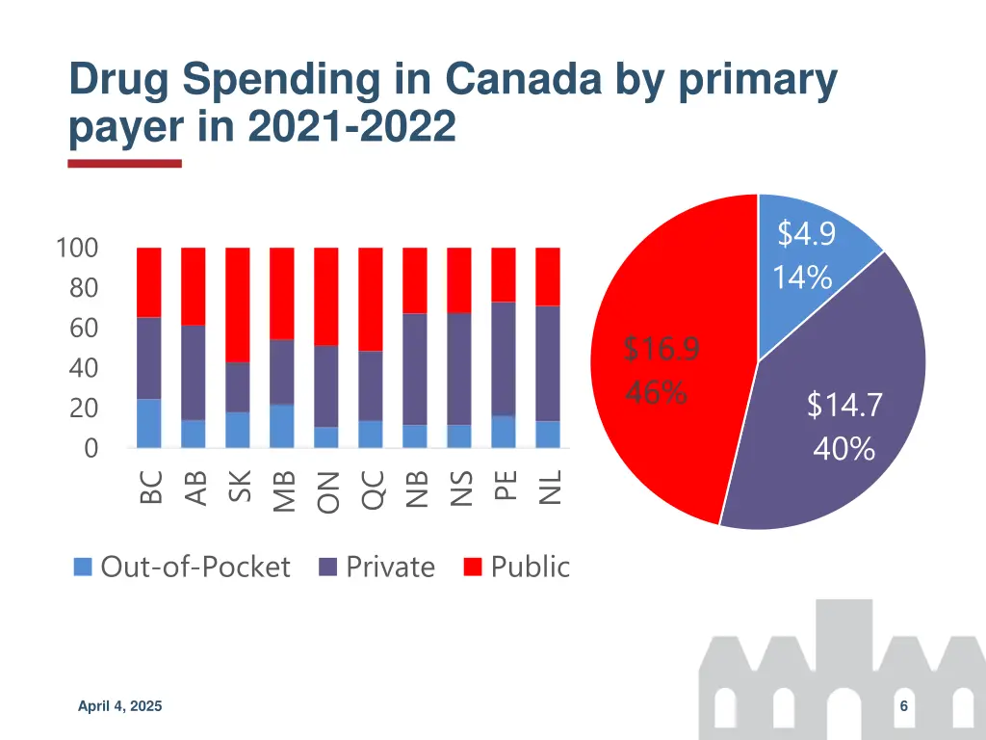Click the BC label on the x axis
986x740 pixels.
click(150, 487)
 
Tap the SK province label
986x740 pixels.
click(239, 487)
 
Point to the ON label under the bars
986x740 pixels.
click(327, 491)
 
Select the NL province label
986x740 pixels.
click(549, 487)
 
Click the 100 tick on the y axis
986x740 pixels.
click(77, 248)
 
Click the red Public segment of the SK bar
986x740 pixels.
click(238, 304)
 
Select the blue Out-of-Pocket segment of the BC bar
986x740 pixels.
click(149, 423)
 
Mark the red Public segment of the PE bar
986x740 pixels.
click(504, 275)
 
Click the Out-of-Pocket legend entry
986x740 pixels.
click(183, 567)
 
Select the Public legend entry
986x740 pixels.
click(517, 567)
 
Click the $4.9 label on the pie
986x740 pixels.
click(806, 233)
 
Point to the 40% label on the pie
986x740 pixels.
click(843, 449)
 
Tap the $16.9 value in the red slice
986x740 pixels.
click(661, 349)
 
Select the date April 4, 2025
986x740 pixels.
click(120, 707)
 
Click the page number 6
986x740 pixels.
click(904, 707)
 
